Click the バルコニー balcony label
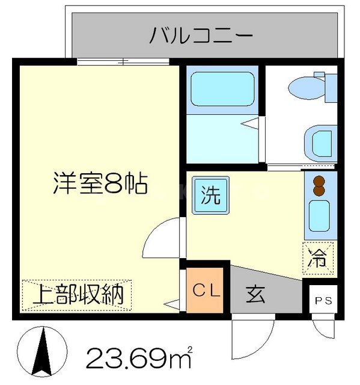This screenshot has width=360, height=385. [201, 36]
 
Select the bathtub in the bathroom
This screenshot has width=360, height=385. [222, 89]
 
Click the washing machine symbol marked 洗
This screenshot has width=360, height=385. [210, 197]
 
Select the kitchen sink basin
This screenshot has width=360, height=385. [319, 217]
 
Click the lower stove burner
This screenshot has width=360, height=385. [319, 191]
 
